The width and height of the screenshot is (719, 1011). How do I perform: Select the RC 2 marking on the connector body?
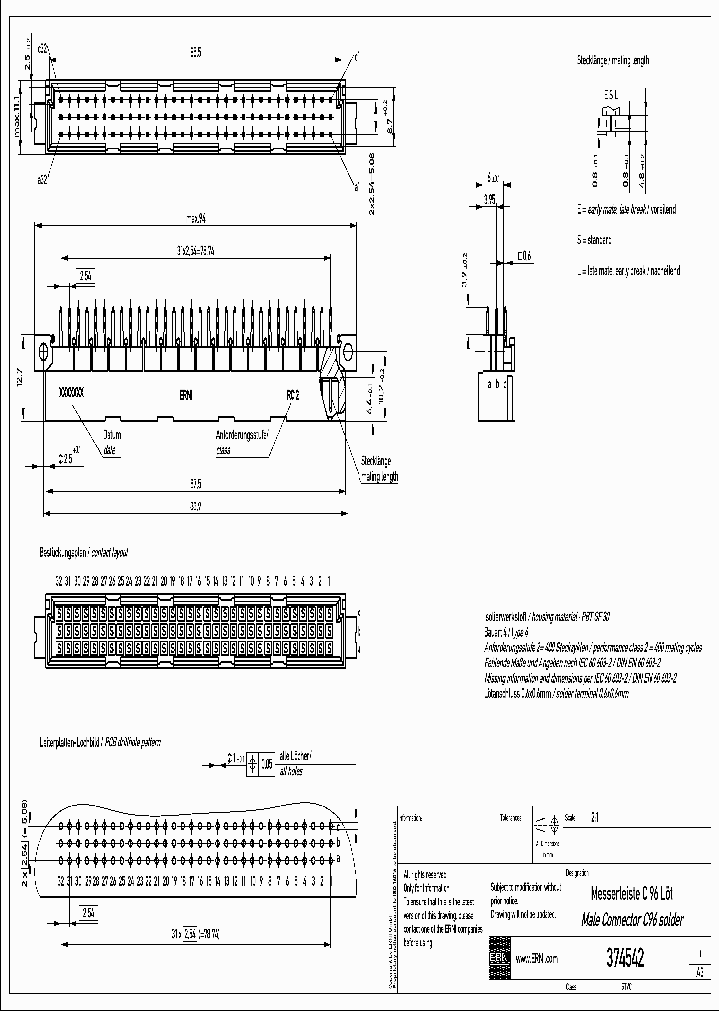tap(293, 394)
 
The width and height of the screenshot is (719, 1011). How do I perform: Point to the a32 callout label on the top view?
tap(43, 179)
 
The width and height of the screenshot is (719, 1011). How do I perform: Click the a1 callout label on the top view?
tap(356, 186)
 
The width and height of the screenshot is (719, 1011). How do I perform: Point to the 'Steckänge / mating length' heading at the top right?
tap(612, 61)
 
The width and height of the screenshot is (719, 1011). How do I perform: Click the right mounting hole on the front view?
tap(347, 352)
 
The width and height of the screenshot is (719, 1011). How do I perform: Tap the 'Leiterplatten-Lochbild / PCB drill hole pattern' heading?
tap(99, 743)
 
